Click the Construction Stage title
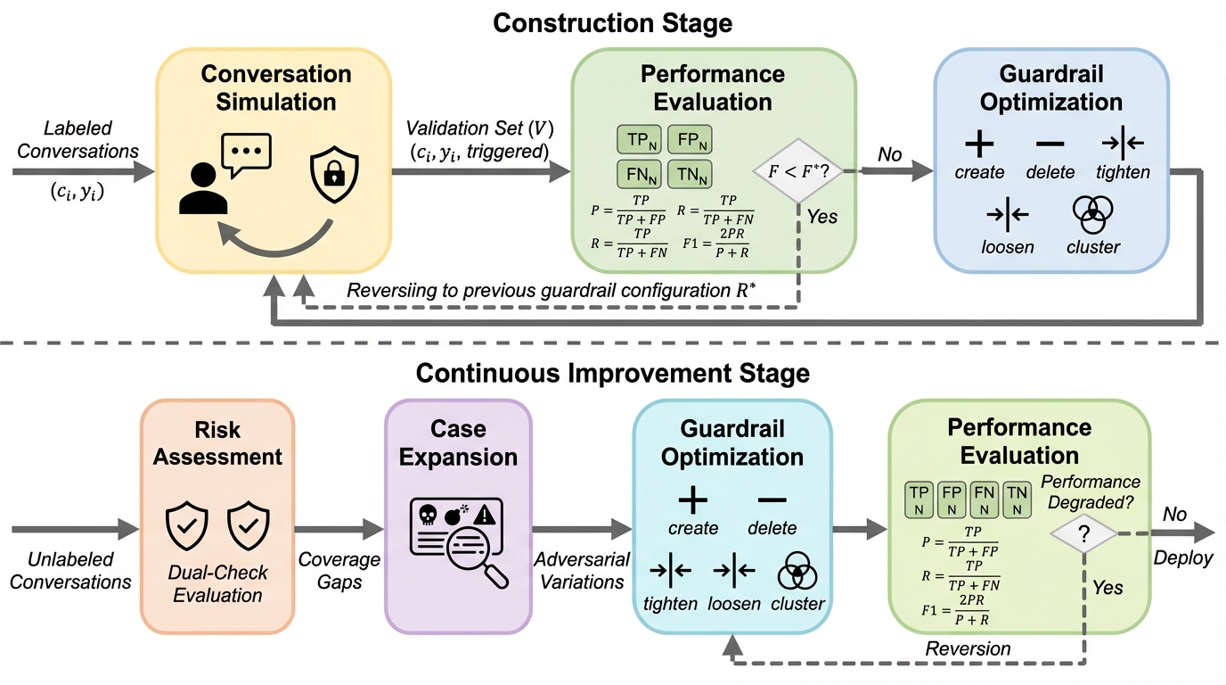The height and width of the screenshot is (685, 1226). [613, 22]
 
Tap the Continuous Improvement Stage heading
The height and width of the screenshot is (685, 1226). [613, 372]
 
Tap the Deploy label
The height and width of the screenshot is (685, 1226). [1181, 558]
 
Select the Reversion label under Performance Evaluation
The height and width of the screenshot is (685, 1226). [968, 648]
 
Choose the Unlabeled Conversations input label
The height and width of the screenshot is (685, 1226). [71, 571]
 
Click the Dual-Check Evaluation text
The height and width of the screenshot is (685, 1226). [218, 584]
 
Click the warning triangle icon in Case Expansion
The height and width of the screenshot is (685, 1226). [484, 515]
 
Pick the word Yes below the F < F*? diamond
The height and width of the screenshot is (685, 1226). [822, 217]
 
